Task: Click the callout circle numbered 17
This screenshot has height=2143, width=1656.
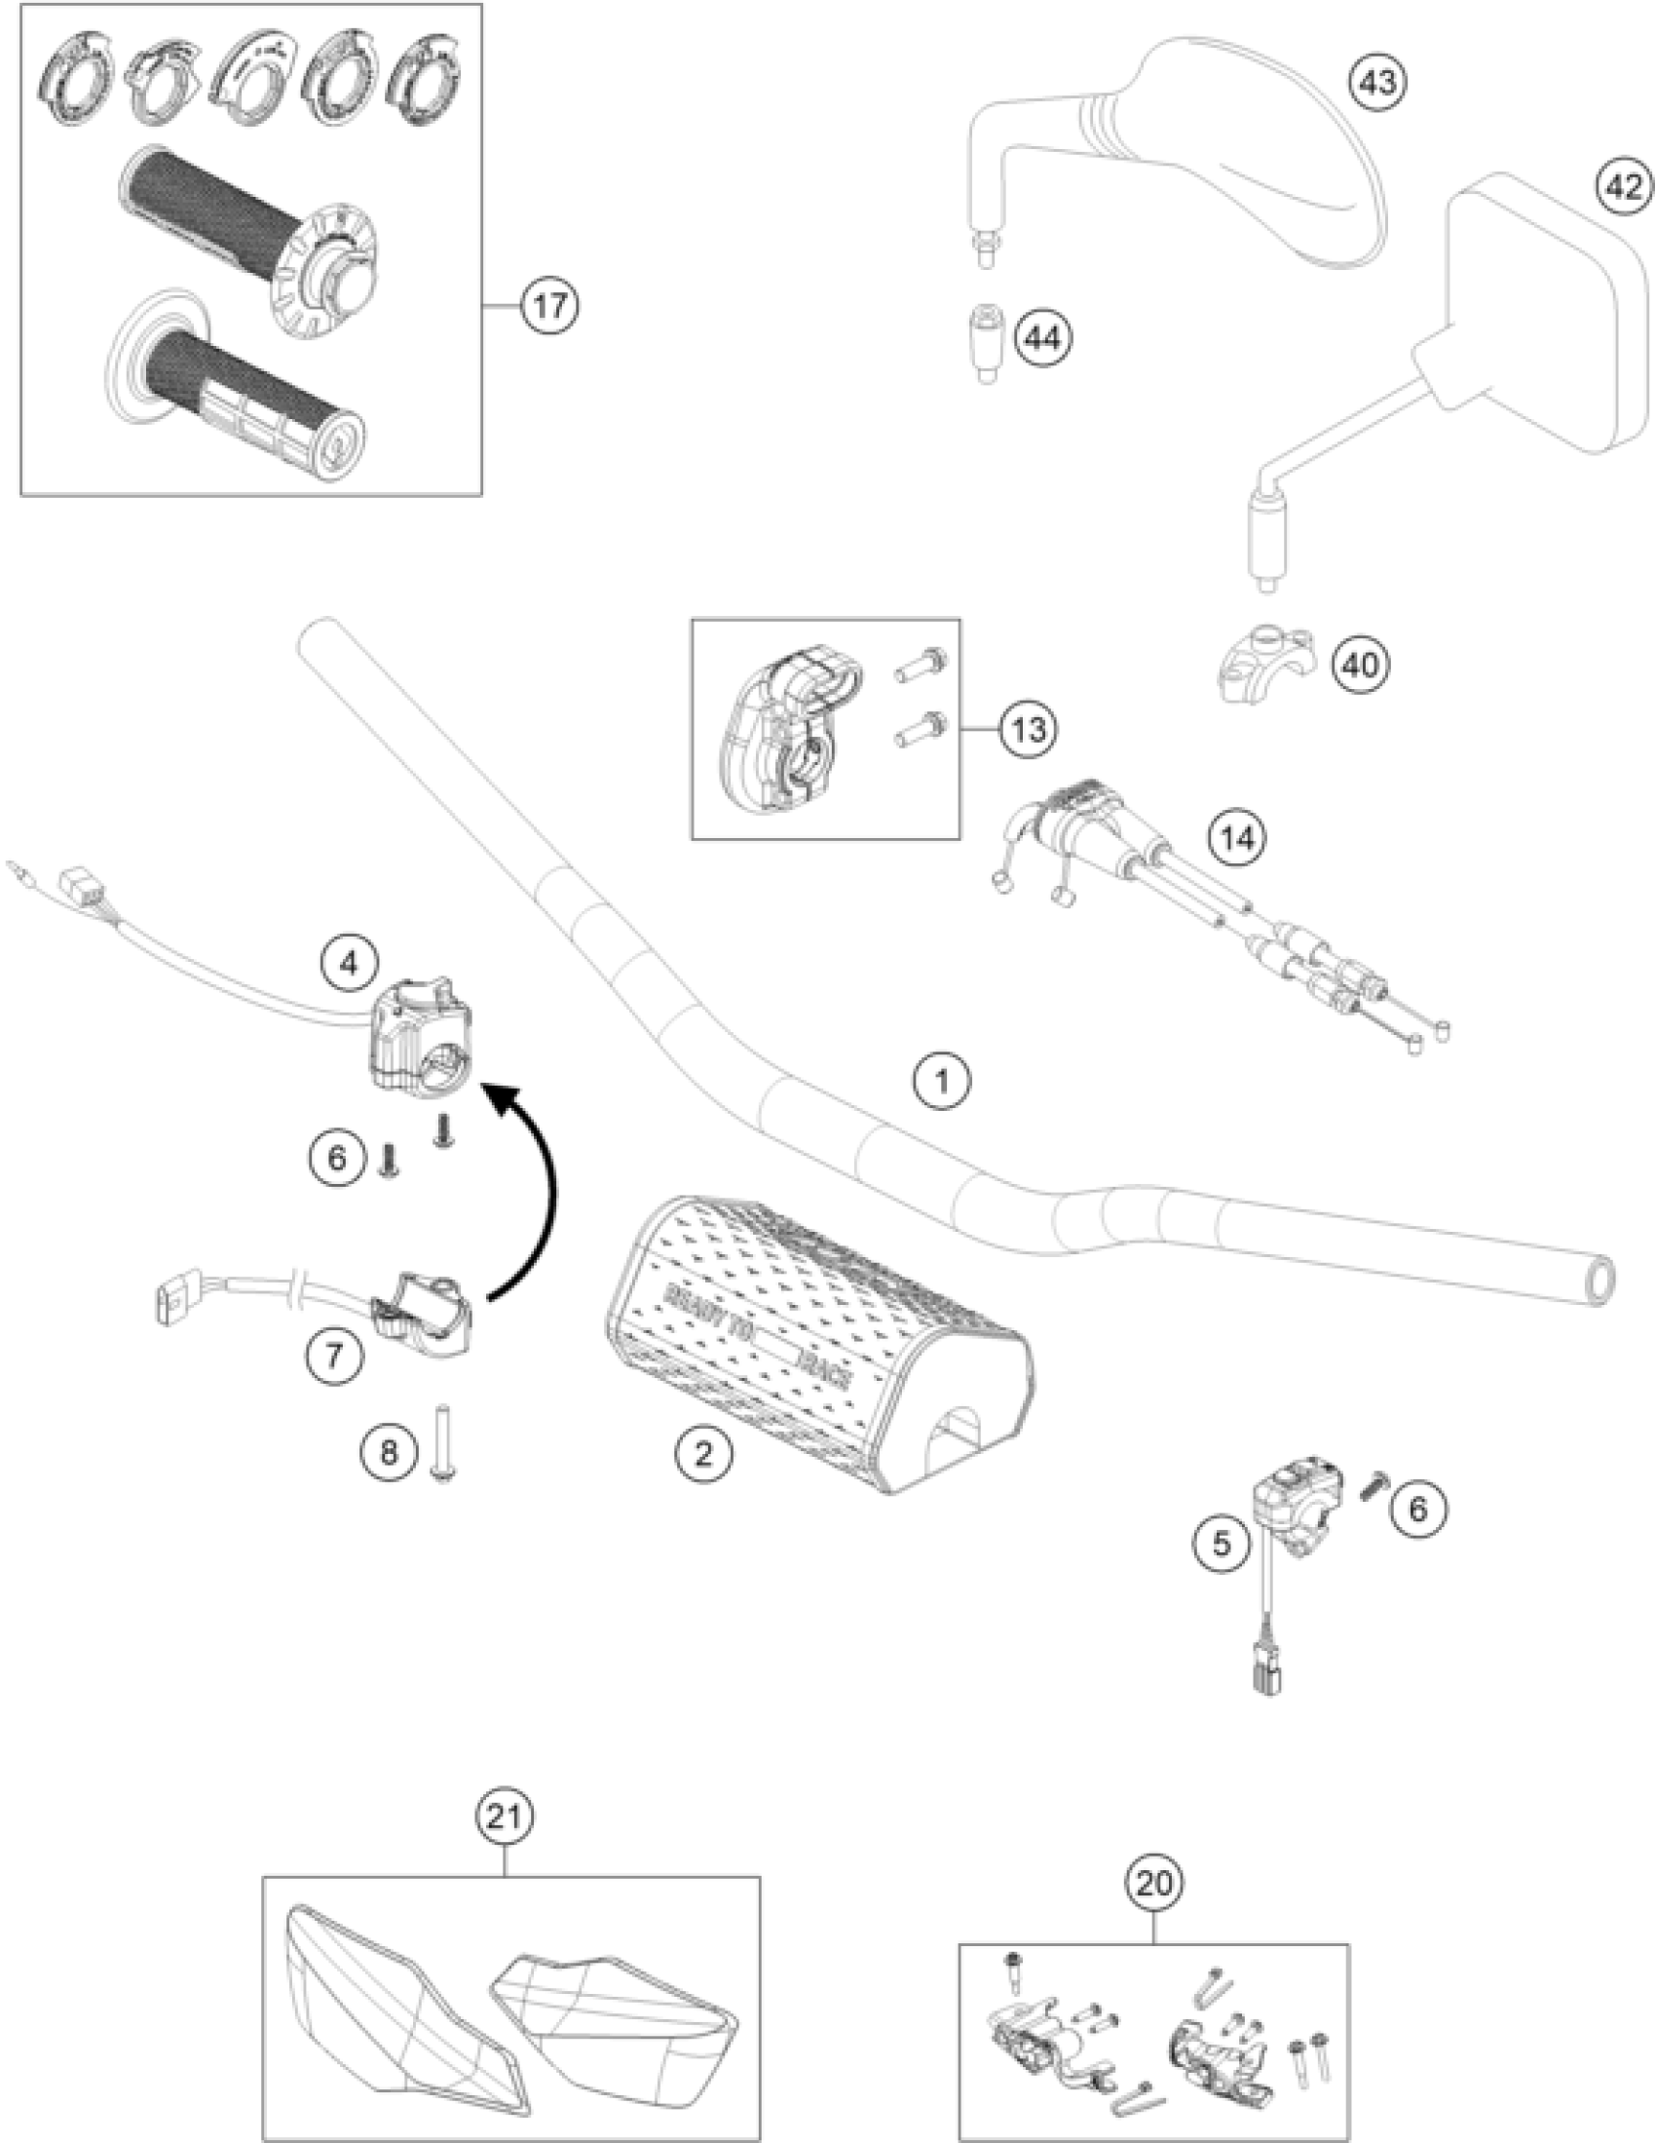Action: (549, 307)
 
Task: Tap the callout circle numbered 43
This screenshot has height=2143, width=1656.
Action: (1375, 83)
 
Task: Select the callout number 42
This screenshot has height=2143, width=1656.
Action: (1624, 185)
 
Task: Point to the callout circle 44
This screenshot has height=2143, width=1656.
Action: (1042, 338)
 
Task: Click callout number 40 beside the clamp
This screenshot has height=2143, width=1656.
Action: (1361, 666)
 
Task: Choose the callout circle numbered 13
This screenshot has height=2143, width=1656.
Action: (1029, 730)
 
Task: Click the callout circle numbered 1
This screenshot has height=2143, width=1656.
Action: (942, 1083)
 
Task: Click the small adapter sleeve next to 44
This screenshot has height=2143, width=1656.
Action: (986, 343)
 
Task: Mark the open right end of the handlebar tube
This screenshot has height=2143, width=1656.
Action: (1600, 1282)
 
